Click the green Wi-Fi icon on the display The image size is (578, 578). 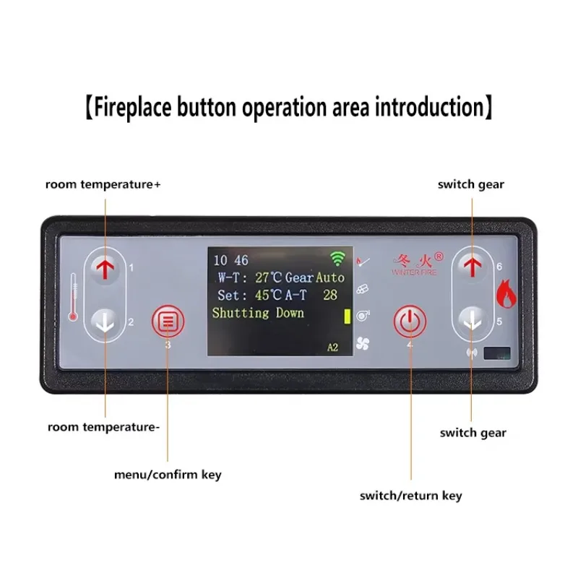pos(337,259)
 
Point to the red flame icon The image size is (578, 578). pos(504,292)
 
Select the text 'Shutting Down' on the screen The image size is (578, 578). pos(258,313)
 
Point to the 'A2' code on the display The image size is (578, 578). pos(332,348)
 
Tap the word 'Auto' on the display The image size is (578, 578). pos(330,277)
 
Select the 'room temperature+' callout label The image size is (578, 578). pos(103,184)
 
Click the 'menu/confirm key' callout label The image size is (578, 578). pos(168,475)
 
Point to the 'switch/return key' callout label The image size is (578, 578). pos(411,496)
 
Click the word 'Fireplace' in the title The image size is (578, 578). pos(137,108)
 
